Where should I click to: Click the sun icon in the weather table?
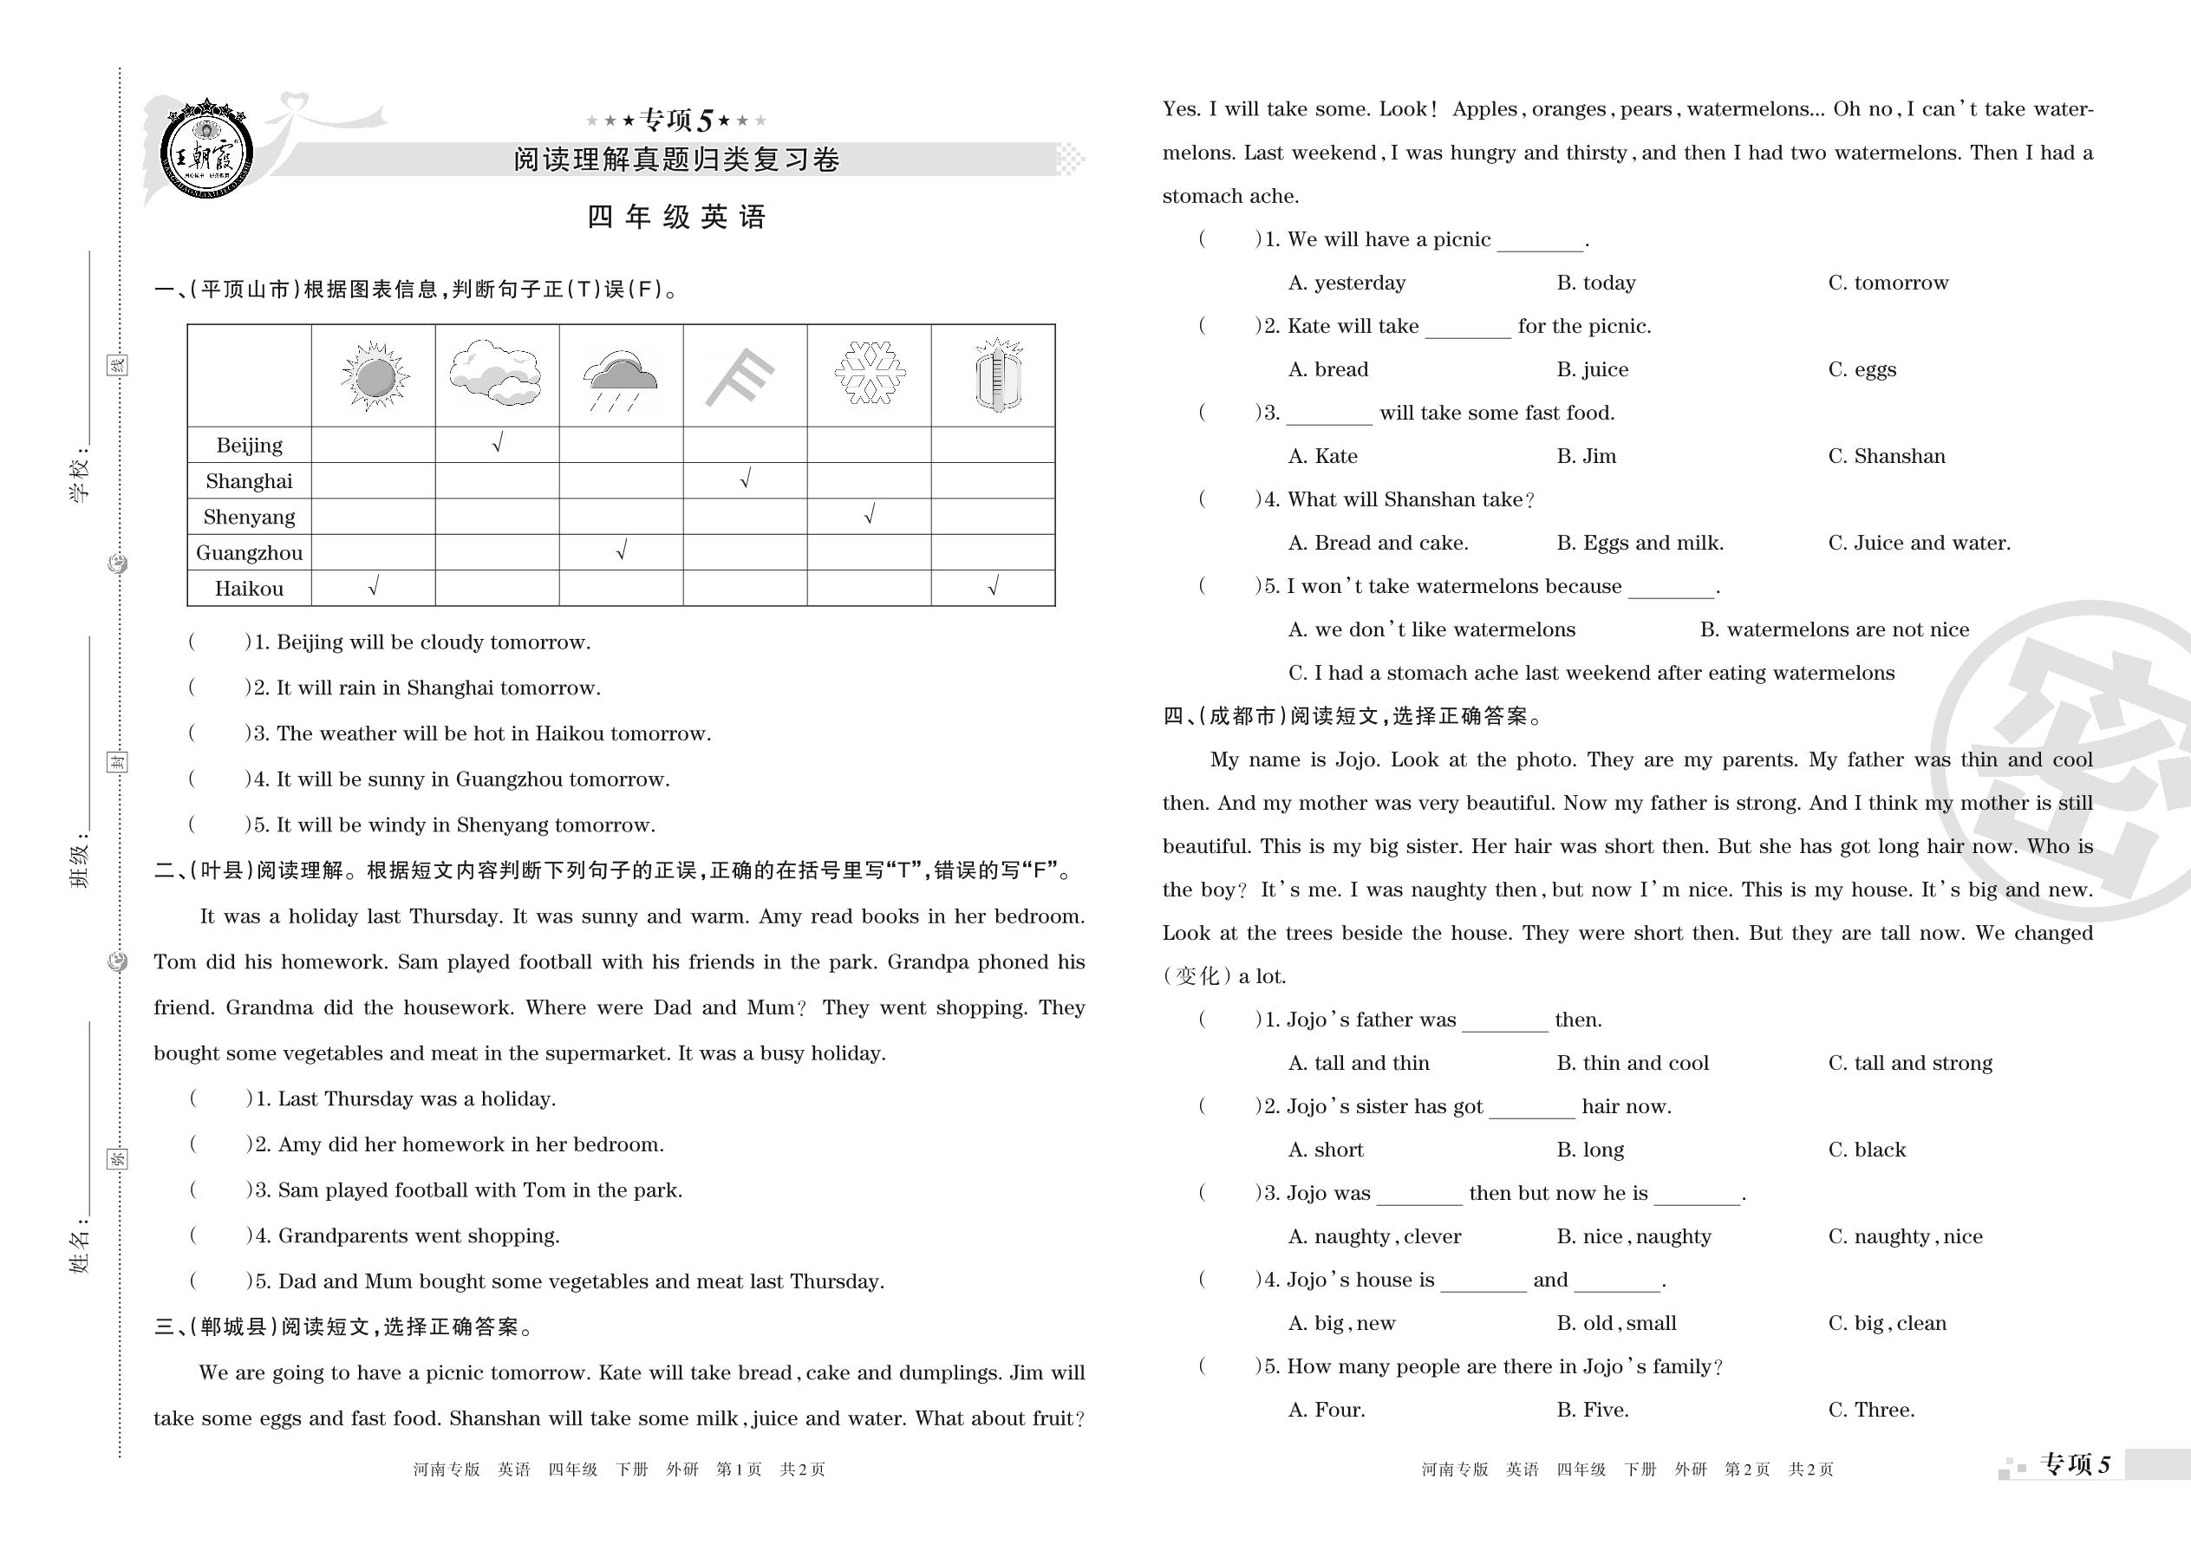click(374, 376)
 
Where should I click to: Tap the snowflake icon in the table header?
click(869, 373)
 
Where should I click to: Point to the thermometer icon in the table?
click(997, 375)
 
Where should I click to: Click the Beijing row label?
click(250, 445)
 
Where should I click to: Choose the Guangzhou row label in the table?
click(250, 553)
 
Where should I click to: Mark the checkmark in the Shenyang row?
click(869, 516)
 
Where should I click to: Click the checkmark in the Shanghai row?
click(746, 479)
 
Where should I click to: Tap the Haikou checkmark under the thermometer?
click(994, 586)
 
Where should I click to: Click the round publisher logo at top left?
click(206, 151)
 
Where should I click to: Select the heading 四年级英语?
click(676, 218)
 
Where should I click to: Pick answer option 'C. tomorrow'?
click(1888, 283)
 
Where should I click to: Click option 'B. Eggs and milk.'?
click(1639, 544)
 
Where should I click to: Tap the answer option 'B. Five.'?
click(1592, 1411)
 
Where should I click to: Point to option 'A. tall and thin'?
click(1358, 1063)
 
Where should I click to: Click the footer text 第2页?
click(1747, 1470)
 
